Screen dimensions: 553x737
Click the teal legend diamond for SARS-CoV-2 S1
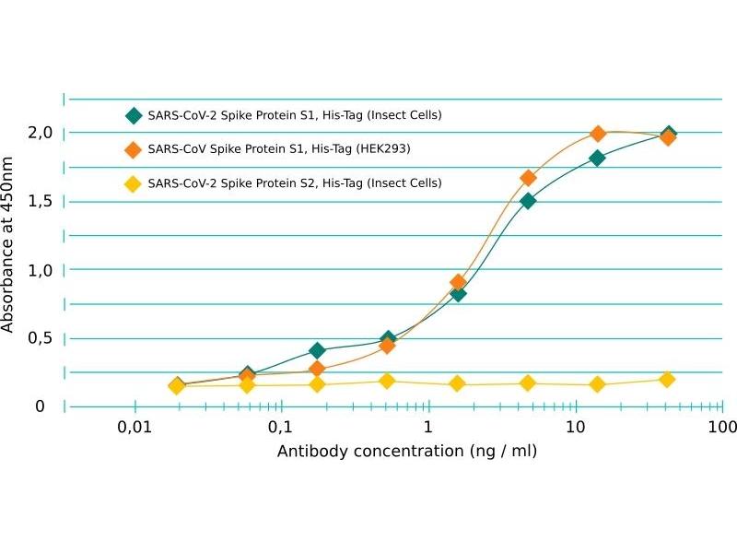click(x=134, y=116)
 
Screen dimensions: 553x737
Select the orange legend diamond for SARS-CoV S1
click(x=134, y=149)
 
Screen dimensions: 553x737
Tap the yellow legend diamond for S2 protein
click(x=134, y=183)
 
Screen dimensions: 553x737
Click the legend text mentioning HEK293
click(x=278, y=149)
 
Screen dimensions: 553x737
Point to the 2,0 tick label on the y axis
click(x=40, y=133)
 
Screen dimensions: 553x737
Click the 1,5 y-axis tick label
click(x=40, y=201)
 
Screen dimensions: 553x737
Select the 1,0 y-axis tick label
click(x=40, y=269)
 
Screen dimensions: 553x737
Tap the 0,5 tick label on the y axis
click(x=40, y=337)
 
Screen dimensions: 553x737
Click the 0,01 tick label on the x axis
click(x=134, y=429)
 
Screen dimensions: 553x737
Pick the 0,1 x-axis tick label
click(x=280, y=429)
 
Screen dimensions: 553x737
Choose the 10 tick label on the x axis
click(x=575, y=429)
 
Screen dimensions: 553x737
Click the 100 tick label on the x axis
click(x=721, y=429)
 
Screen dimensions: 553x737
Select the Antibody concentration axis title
click(x=407, y=452)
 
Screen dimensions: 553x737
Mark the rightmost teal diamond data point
click(x=669, y=135)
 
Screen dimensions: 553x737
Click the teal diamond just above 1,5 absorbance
click(x=528, y=201)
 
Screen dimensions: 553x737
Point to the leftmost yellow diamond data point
click(x=177, y=386)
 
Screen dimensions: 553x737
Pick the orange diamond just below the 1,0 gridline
click(x=458, y=282)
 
